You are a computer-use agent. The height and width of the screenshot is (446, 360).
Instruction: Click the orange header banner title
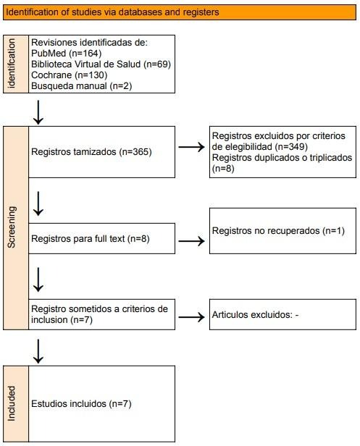[112, 12]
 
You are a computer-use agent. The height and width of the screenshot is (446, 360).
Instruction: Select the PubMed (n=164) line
[67, 53]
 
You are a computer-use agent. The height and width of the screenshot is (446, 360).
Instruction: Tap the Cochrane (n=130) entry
[69, 75]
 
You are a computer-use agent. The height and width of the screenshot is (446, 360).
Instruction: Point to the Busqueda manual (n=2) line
[81, 86]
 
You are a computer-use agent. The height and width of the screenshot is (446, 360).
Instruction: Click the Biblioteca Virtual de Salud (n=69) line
[101, 64]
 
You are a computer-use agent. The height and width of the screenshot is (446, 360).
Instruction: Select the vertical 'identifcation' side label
[12, 64]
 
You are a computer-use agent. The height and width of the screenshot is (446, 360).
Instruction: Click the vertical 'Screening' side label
[12, 227]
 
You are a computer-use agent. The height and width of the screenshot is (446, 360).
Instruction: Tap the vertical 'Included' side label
[12, 403]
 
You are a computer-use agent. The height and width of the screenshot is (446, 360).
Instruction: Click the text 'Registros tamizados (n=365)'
[91, 152]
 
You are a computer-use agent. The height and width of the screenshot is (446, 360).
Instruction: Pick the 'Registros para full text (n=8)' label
[91, 239]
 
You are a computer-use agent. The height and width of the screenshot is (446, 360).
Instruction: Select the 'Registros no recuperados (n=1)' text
[278, 231]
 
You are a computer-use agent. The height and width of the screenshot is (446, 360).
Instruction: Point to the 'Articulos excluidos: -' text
[255, 315]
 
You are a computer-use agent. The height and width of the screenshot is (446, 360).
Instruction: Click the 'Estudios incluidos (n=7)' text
[81, 404]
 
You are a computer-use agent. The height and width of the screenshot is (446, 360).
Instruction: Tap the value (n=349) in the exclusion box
[291, 147]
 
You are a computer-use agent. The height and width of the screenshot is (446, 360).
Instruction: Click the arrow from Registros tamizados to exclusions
[191, 147]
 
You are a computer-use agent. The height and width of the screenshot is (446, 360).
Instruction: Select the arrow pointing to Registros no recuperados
[191, 241]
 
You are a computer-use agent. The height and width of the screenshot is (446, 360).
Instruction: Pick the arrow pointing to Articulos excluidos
[191, 317]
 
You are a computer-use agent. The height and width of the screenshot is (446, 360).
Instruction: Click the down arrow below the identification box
[38, 112]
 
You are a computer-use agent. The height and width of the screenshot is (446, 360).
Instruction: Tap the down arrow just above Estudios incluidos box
[38, 351]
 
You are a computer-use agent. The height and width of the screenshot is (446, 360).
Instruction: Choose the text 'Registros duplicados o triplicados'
[282, 158]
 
